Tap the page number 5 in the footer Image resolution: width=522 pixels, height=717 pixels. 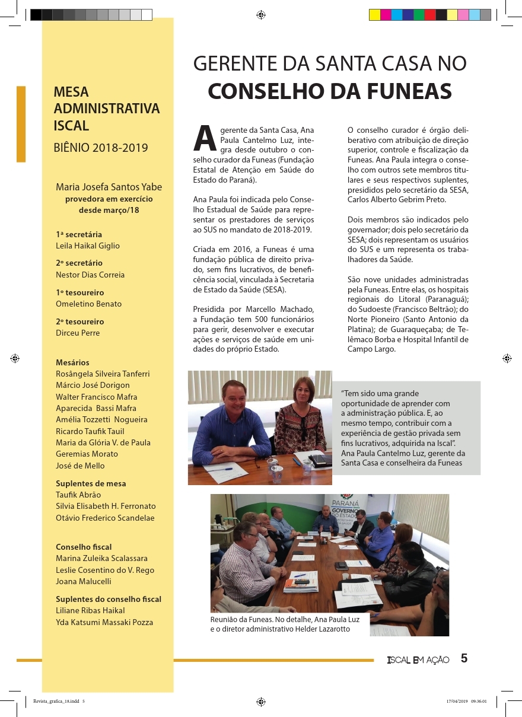464,658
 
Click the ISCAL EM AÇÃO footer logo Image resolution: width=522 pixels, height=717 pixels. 418,660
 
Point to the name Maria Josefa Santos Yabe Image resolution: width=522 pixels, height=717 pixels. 109,187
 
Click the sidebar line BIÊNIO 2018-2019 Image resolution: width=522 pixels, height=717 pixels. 101,148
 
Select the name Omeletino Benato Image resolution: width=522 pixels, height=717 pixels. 88,304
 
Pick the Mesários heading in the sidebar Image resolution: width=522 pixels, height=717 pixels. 72,362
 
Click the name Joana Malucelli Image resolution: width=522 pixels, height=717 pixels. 84,581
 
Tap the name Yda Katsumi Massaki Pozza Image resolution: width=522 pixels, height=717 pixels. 104,622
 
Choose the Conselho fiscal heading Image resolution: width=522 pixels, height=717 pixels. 84,547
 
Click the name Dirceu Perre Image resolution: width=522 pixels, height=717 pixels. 78,333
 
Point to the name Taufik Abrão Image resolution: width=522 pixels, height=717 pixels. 78,495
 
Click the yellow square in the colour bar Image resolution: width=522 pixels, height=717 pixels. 375,15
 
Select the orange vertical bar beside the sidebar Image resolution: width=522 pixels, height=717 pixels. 21,124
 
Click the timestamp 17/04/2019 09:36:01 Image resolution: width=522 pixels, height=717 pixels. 466,700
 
